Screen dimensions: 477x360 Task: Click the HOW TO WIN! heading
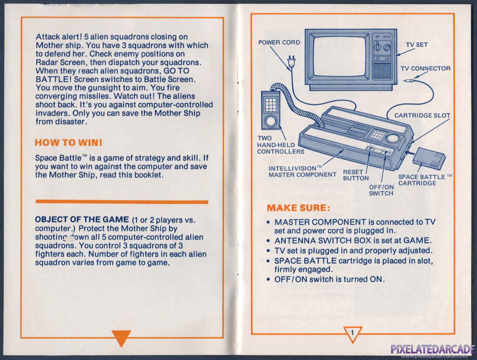click(69, 143)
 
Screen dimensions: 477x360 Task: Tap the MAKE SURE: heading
click(298, 208)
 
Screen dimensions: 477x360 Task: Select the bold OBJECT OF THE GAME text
click(82, 220)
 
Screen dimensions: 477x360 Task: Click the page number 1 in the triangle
click(352, 332)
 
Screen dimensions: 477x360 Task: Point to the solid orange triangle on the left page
click(121, 337)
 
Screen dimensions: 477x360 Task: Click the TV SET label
click(416, 45)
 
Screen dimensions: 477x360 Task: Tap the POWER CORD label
click(279, 42)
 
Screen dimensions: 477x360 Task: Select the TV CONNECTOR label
click(425, 68)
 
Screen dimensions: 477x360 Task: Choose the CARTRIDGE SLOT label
click(422, 115)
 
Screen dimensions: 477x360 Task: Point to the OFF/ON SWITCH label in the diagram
click(381, 190)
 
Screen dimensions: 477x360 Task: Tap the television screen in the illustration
click(340, 56)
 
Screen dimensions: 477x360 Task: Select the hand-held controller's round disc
click(270, 122)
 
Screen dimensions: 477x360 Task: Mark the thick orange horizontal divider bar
click(122, 202)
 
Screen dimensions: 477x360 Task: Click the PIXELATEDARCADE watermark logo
click(433, 349)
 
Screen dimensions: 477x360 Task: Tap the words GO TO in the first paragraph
click(176, 71)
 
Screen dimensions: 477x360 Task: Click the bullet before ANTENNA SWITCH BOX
click(268, 241)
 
